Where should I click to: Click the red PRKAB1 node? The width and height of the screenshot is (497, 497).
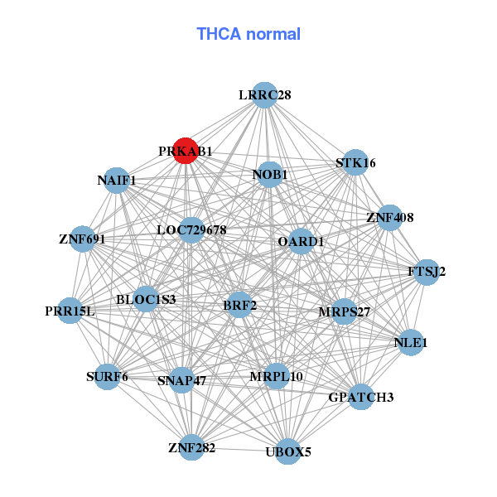point(185,152)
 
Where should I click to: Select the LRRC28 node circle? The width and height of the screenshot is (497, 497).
point(264,95)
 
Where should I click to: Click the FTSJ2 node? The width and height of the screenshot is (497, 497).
point(426,272)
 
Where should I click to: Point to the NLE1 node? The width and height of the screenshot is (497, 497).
point(411,342)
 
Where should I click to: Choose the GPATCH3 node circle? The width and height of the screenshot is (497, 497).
point(361,398)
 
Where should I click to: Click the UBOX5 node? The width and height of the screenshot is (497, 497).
point(287,451)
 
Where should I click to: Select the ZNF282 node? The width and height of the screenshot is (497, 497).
point(191,448)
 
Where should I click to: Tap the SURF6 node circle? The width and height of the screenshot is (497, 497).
point(108,378)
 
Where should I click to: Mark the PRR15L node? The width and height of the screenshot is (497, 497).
point(70,311)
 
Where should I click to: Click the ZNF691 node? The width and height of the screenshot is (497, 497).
point(82,239)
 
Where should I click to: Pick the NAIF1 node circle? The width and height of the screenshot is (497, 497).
point(117,180)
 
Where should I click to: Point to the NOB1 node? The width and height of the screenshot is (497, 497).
point(269,175)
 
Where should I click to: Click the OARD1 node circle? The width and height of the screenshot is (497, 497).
point(301,242)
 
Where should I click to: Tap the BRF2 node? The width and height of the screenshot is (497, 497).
point(240,306)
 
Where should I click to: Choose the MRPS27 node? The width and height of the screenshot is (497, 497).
point(344,312)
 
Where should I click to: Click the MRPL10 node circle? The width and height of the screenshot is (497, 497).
point(276,377)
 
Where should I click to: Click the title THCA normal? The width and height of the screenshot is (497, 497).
point(248,34)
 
